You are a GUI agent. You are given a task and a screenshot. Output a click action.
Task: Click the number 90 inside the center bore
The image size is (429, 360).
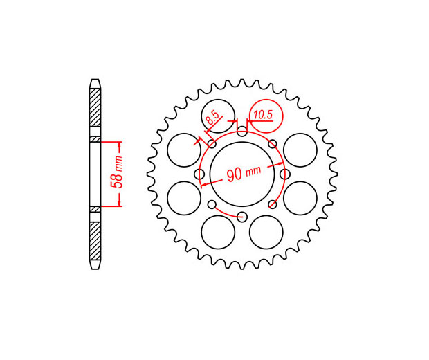point(235,174)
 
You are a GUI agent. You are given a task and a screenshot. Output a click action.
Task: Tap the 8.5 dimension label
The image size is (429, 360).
point(212,118)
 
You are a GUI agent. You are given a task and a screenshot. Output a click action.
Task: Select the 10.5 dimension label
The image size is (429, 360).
point(263,115)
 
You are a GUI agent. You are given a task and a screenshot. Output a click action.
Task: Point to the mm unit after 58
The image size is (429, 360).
point(118,164)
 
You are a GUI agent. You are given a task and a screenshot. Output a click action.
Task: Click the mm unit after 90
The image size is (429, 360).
point(253,171)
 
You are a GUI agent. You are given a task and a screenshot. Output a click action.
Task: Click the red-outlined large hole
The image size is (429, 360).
point(266,116)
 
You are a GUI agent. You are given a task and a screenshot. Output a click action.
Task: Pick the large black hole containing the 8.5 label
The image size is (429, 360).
point(218,116)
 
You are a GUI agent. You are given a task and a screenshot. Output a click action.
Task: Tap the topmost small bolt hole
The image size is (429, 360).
point(242,131)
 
